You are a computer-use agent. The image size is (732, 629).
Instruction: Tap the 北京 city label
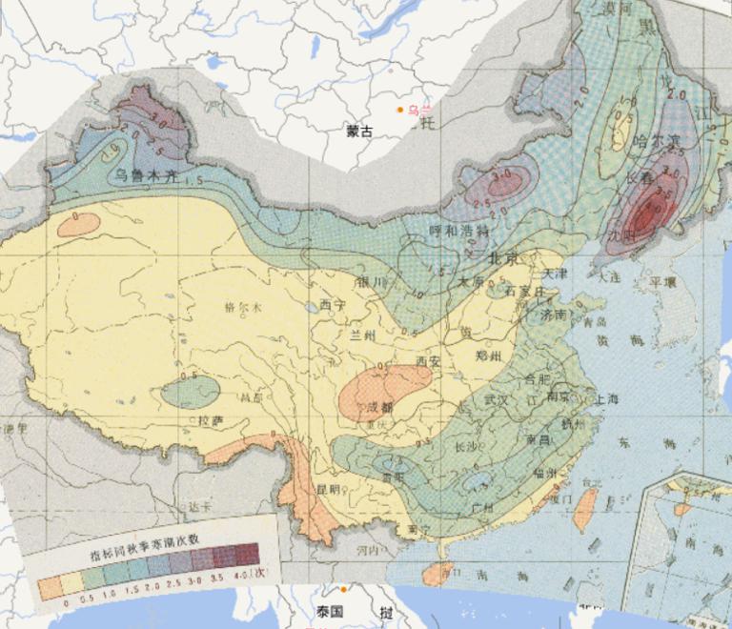(x=503, y=258)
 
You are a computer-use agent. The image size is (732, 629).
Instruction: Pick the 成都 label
(x=381, y=408)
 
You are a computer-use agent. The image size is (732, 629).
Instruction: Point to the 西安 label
(x=431, y=361)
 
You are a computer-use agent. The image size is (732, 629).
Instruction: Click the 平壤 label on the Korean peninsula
(x=663, y=282)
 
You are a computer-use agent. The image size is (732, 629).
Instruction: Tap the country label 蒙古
(x=360, y=132)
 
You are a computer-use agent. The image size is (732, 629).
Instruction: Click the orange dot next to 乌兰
(x=400, y=110)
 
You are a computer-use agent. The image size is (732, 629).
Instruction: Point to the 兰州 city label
(x=364, y=335)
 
